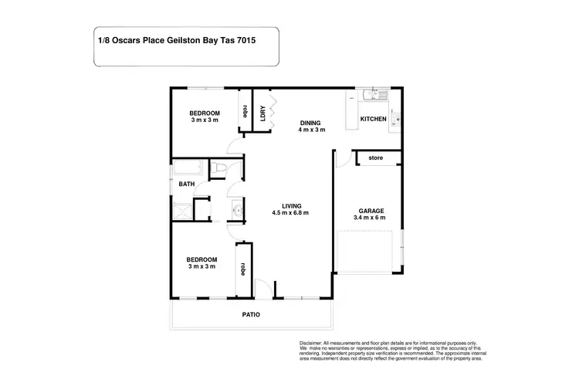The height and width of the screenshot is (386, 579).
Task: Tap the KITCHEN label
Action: point(373,119)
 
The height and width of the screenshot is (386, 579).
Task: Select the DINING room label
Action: point(311,122)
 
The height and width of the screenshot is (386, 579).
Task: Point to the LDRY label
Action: point(263,113)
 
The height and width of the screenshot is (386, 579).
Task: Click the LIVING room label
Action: point(290,205)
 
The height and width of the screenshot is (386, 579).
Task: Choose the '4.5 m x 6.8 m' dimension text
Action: point(290,213)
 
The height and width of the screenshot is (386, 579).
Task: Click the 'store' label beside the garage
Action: point(376,158)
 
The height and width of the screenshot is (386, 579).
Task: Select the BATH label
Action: point(186,185)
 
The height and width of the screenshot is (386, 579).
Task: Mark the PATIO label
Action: point(250,315)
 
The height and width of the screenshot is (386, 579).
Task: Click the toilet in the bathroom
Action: point(218,169)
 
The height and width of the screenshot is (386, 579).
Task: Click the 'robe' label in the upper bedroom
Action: point(245,110)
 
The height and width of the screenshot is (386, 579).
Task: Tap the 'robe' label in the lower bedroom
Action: point(243,269)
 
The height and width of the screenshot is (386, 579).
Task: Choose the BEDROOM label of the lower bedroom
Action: point(201,259)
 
